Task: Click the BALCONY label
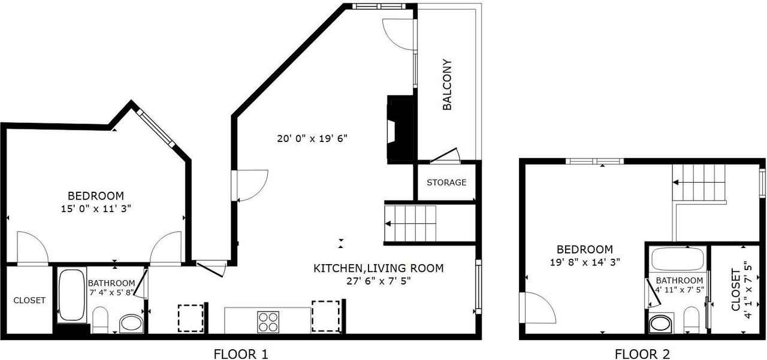coord(447,84)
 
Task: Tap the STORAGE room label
coord(446,182)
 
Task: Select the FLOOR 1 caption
coord(241,354)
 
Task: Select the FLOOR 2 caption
coord(642,354)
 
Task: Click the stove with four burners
coord(268,322)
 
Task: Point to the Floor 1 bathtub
coord(71,295)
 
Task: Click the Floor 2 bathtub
coord(678,259)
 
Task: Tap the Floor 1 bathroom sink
coord(131,323)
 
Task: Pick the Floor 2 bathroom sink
coord(661,323)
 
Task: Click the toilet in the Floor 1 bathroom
coord(100,320)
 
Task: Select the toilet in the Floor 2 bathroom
coord(691,320)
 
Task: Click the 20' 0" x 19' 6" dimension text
coord(312,138)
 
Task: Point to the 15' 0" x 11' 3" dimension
coord(96,208)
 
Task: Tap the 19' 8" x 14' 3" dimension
coord(585,262)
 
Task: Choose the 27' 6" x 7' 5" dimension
coord(378,281)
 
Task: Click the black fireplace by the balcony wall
coord(401,129)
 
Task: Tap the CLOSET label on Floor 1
coord(29,300)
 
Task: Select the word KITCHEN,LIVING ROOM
coord(378,268)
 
